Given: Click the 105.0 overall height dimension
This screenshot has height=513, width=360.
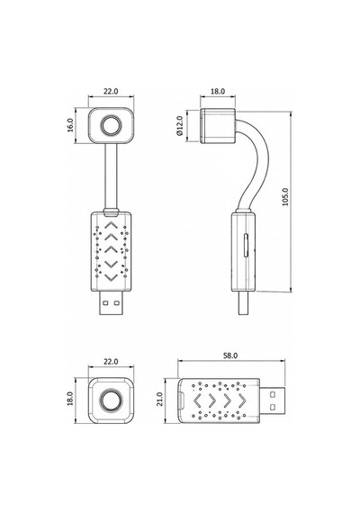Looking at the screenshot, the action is [285, 196].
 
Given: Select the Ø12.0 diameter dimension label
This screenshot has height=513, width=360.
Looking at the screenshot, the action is [179, 126].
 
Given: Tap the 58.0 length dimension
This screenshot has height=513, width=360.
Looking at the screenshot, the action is [230, 355].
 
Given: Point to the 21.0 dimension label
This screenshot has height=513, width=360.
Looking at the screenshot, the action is [159, 399].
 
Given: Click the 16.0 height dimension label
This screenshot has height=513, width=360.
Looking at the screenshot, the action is [70, 125].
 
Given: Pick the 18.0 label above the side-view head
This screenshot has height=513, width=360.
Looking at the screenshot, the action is [218, 91].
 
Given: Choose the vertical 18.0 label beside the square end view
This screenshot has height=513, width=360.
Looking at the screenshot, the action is [70, 399].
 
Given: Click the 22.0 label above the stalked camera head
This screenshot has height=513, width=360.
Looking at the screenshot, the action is [111, 91].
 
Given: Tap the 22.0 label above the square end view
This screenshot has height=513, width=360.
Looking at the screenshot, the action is [111, 362].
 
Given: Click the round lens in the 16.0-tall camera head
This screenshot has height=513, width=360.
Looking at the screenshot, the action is [112, 126].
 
